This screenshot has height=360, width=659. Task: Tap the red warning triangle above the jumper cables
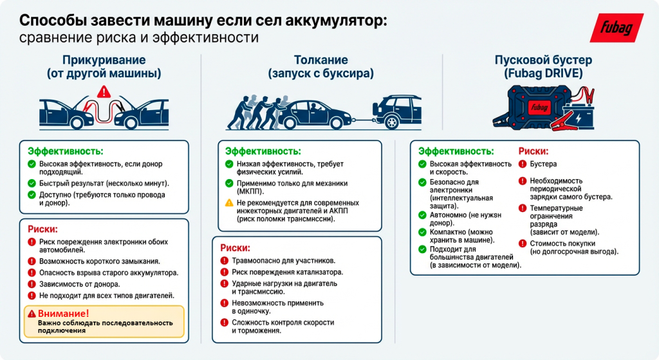point(102,93)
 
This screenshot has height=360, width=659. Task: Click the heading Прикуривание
point(104,60)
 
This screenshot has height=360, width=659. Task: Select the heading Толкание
point(320,60)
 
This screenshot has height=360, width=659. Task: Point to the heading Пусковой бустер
point(543,60)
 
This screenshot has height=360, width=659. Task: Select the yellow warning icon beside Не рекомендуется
point(229,203)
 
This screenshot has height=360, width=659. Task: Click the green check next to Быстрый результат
point(32,184)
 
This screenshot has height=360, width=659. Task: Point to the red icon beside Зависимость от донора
point(32,284)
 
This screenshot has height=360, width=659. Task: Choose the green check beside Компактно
point(423,231)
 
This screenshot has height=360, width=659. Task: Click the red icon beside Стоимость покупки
point(523,243)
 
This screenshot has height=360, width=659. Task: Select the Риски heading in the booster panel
point(533,152)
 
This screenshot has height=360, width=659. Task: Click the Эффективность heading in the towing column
point(263,151)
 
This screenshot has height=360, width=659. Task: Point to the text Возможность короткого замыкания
point(99,261)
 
